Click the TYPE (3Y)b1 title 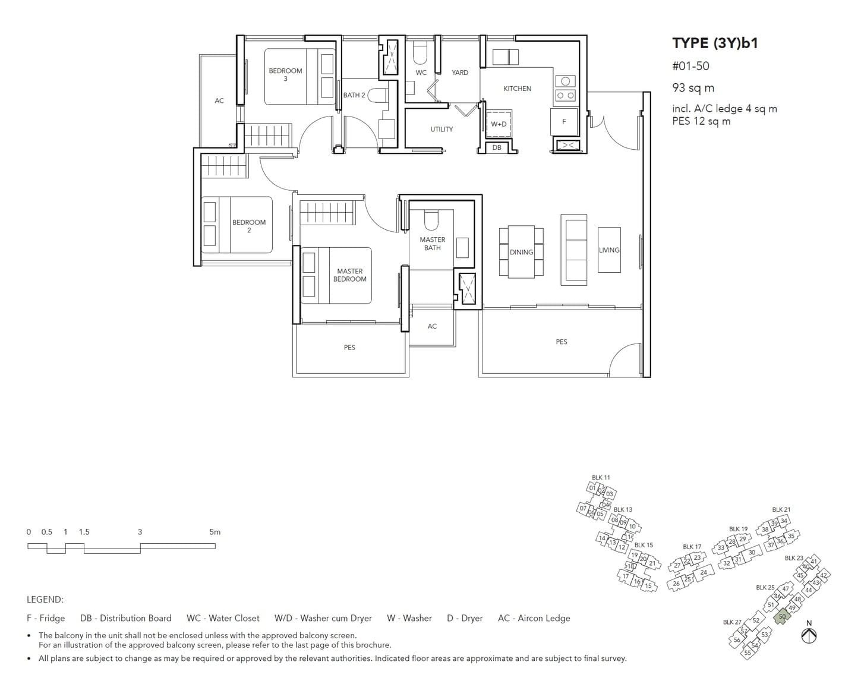(715, 43)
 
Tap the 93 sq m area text (693, 88)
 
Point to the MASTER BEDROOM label (349, 275)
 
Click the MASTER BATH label (432, 244)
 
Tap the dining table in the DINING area (521, 252)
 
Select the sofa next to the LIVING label (573, 248)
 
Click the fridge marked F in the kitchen (564, 121)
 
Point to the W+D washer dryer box (499, 124)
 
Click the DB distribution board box (497, 147)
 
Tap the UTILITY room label (442, 129)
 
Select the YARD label (459, 73)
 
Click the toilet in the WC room (421, 52)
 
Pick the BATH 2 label (354, 95)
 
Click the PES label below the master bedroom (349, 347)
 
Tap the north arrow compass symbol (809, 635)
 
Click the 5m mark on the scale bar (215, 532)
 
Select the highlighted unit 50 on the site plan (783, 616)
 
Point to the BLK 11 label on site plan (601, 477)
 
